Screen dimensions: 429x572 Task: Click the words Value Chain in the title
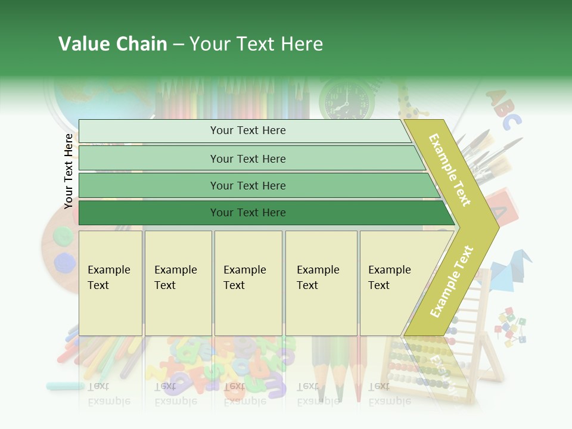tap(113, 44)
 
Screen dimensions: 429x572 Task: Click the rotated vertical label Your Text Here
tap(69, 171)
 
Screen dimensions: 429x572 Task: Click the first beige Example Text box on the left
tap(110, 283)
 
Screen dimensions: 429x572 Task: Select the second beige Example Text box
tap(178, 283)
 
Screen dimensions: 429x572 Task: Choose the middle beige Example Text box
tap(248, 283)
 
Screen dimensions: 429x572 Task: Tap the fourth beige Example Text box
tap(321, 283)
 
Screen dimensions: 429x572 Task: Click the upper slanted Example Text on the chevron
tap(450, 170)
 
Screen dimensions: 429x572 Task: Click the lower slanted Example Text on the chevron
tap(452, 281)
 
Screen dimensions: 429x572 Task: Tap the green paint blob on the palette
tap(63, 237)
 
